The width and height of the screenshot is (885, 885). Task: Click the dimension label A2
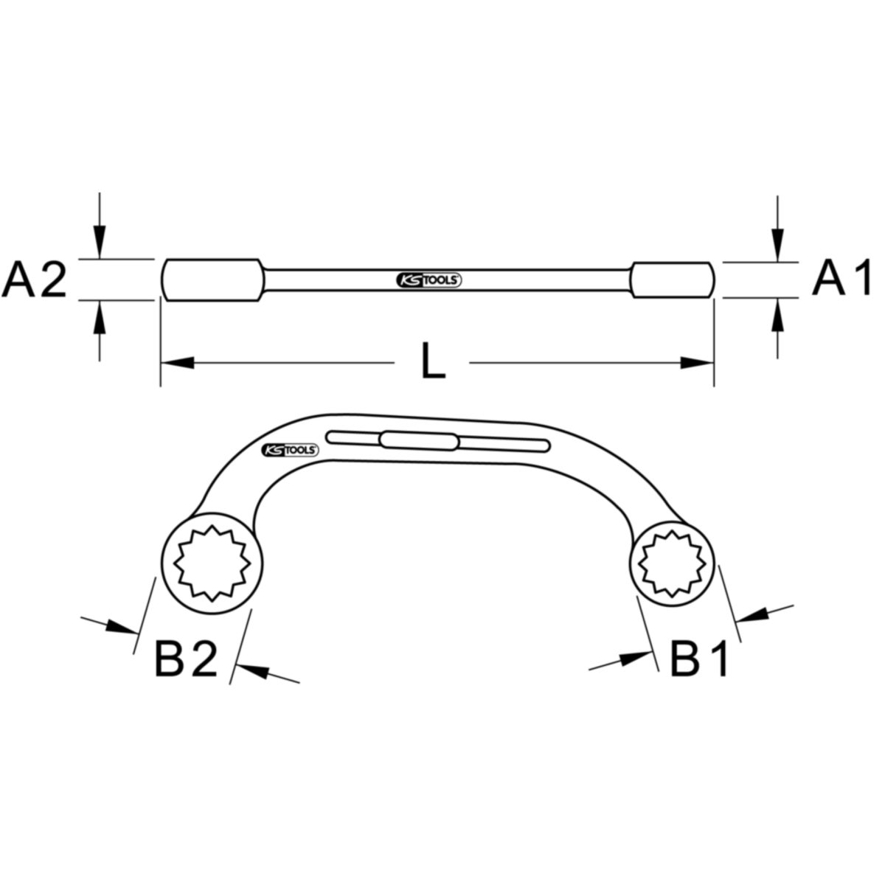click(x=35, y=280)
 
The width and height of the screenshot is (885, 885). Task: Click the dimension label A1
click(x=841, y=277)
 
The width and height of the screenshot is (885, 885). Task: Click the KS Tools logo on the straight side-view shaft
click(x=428, y=280)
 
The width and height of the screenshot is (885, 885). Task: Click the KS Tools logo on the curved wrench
click(x=289, y=450)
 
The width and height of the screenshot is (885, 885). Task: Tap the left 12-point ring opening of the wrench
click(x=212, y=563)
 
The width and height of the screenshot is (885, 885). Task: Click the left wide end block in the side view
click(x=212, y=280)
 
